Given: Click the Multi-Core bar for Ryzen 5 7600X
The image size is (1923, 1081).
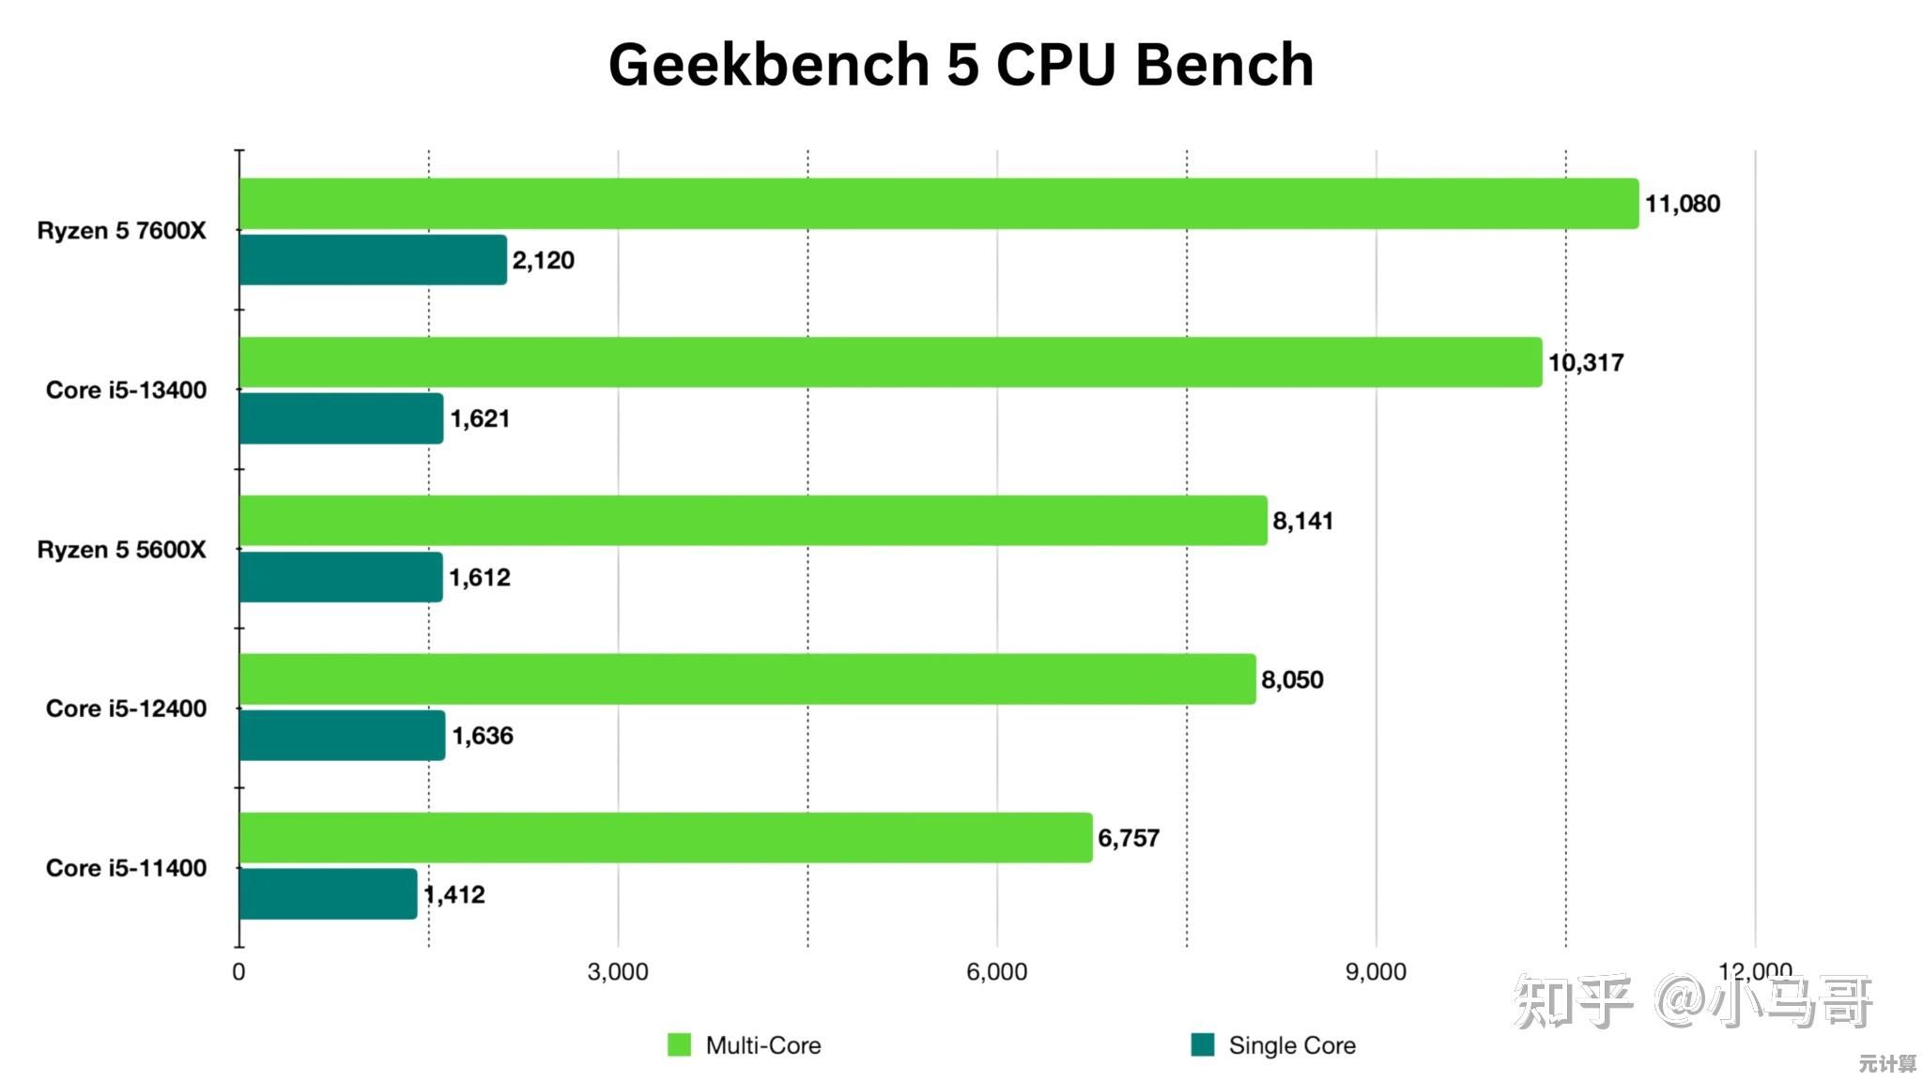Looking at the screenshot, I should [x=939, y=204].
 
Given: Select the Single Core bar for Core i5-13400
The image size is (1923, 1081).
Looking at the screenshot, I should [x=341, y=419].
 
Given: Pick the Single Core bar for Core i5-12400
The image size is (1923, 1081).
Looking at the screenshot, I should [x=342, y=736].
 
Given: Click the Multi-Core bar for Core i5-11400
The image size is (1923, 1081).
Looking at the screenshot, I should [x=666, y=838].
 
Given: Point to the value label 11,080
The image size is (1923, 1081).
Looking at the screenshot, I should [x=1682, y=204].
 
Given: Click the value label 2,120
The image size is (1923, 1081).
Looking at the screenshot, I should [x=543, y=260].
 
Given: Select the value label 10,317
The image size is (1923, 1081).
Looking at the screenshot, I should [x=1585, y=362].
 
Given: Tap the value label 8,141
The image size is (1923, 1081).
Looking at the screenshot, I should [x=1302, y=521].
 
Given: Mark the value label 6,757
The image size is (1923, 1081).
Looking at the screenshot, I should [x=1129, y=838].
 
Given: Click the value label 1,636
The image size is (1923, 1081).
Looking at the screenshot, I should [x=483, y=736].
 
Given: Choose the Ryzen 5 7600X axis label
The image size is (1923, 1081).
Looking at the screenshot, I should [x=121, y=231].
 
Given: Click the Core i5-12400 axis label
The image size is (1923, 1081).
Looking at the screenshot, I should [x=126, y=708].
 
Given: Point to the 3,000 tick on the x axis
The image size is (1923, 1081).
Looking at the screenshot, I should [x=618, y=972].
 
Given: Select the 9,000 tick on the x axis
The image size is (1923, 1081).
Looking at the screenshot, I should [x=1376, y=972].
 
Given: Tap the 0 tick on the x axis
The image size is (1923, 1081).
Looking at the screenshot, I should [x=239, y=972].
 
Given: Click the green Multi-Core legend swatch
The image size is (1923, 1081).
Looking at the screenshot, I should [x=679, y=1044].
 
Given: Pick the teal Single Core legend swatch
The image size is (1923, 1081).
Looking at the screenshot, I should [x=1203, y=1044].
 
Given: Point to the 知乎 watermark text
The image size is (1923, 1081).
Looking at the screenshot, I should [x=1572, y=1002].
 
